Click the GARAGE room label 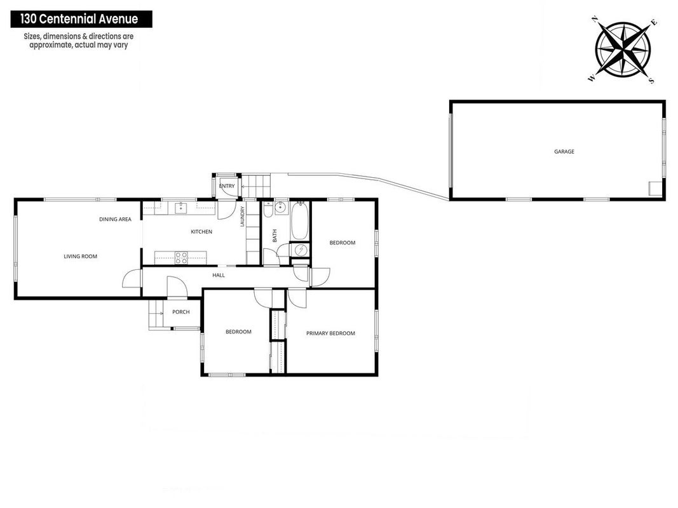pos(564,152)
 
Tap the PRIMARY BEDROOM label pos(330,333)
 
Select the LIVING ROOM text pos(81,257)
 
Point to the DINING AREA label pos(115,220)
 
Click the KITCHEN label pos(201,232)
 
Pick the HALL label pos(219,275)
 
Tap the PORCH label pos(180,312)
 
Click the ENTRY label pos(227,186)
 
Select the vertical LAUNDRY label pos(243,217)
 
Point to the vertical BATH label pos(275,236)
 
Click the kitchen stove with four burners pos(181,258)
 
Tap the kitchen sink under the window pos(180,208)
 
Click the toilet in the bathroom pos(268,211)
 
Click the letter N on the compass pos(595,19)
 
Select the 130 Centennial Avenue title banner pos(81,20)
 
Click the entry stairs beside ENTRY pos(255,186)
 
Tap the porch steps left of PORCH pos(156,314)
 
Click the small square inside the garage pos(656,189)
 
